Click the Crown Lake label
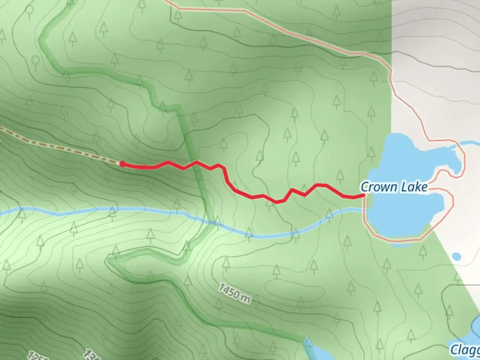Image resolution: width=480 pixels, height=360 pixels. [394, 187]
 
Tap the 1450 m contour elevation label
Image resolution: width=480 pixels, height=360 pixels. [235, 294]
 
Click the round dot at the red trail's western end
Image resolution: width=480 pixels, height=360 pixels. [122, 164]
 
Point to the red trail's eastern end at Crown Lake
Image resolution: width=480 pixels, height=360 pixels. [363, 196]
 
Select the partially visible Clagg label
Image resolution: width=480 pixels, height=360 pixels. [465, 350]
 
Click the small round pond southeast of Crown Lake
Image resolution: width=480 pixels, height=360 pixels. [457, 257]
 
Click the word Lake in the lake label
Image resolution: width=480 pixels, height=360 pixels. [414, 187]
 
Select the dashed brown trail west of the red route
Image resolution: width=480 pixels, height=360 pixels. [60, 146]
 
